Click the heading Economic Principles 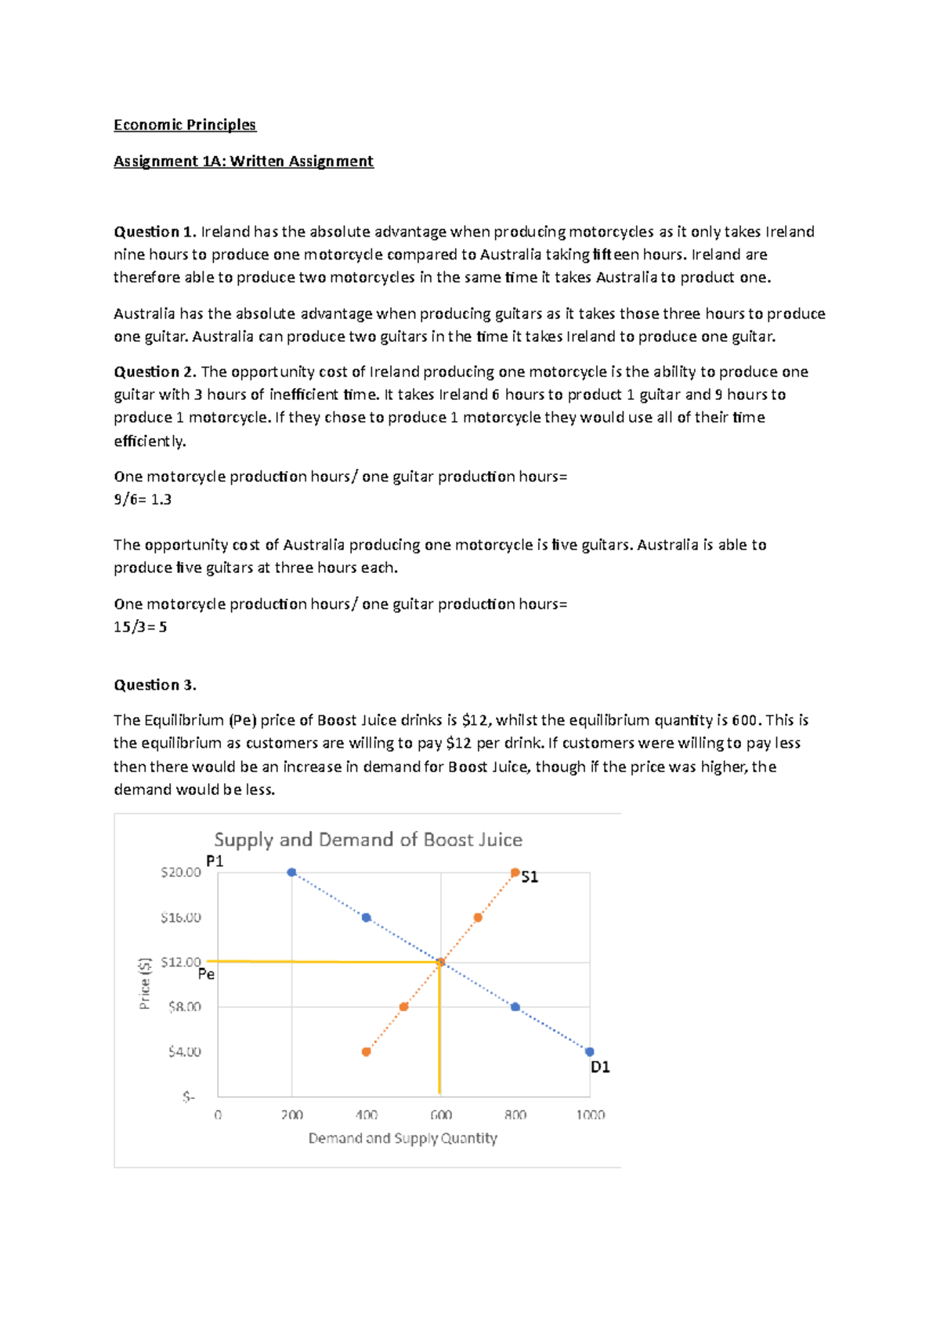click(x=185, y=125)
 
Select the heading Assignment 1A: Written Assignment click(x=244, y=161)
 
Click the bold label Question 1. click(x=154, y=232)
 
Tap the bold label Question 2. click(x=154, y=372)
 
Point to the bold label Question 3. click(x=155, y=685)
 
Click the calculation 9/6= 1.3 click(x=143, y=499)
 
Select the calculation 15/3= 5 click(x=140, y=627)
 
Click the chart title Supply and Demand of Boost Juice click(x=368, y=840)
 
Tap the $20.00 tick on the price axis click(x=181, y=872)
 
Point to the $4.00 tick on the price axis click(x=184, y=1052)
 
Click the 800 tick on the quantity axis click(x=515, y=1115)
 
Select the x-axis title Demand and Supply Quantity click(x=403, y=1138)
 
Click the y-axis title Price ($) click(x=144, y=984)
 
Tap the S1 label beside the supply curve click(x=530, y=877)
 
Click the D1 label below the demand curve click(x=600, y=1067)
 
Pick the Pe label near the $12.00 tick click(x=206, y=974)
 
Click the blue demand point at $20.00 click(x=291, y=872)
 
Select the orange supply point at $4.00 click(x=366, y=1052)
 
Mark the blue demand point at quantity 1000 click(x=590, y=1052)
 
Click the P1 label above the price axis click(x=215, y=861)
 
